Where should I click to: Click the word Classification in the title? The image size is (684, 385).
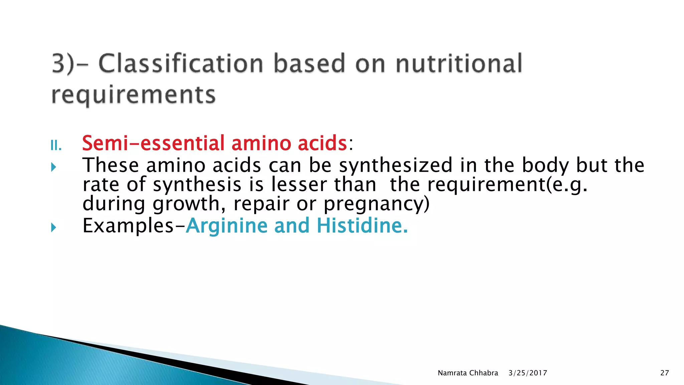pos(181,63)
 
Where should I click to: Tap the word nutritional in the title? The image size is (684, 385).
pos(459,63)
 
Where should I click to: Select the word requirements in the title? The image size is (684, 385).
pos(134,95)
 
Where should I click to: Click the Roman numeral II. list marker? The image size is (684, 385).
pos(56,146)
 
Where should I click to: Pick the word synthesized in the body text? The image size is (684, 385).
pos(395,165)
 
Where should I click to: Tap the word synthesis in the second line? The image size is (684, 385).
pos(197,184)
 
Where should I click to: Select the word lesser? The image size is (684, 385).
pos(299,184)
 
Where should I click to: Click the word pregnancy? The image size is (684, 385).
pos(376,204)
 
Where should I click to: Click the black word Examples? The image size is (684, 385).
pos(128,226)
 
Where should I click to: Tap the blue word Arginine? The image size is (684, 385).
pos(226,226)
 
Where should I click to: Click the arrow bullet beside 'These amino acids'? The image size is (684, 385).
pos(54,167)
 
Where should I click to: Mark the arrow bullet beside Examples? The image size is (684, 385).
pos(54,228)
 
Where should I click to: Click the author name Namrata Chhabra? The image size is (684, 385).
pos(468,373)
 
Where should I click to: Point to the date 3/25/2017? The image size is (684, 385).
pos(528,373)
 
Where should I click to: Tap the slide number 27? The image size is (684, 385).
pos(665,373)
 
